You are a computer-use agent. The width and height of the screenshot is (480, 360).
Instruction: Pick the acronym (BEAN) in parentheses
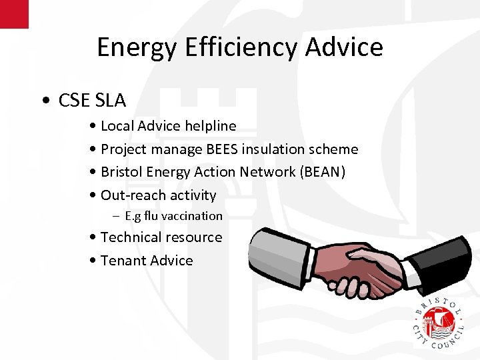tap(323, 172)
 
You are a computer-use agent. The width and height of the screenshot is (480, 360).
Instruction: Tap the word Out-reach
tap(132, 195)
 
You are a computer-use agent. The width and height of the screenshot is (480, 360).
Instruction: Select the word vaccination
tap(191, 216)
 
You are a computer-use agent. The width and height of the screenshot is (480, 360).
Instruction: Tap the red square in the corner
tap(14, 13)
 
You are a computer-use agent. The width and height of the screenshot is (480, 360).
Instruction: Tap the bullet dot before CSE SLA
tap(44, 101)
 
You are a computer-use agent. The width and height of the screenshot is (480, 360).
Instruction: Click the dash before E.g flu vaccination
tap(117, 216)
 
